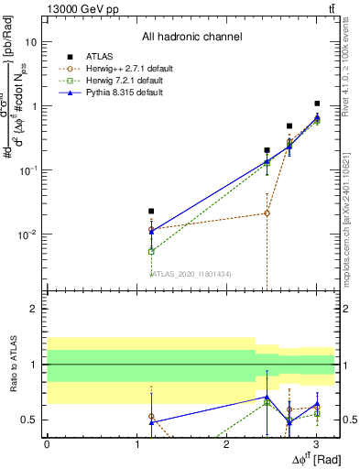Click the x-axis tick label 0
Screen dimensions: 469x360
pos(47,444)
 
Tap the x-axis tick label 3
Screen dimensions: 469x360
pos(316,444)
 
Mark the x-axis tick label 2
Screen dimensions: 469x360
pos(226,444)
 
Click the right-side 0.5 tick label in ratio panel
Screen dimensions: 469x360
pos(350,420)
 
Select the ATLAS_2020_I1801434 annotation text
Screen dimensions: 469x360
pos(191,273)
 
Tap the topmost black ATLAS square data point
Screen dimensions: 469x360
pos(317,104)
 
